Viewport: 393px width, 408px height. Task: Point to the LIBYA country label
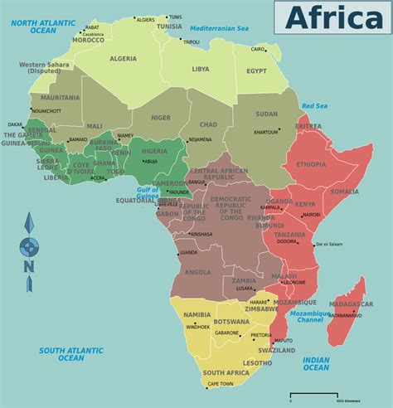[201, 70]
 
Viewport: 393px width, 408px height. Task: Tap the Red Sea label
[315, 106]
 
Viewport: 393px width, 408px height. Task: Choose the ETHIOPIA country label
[311, 164]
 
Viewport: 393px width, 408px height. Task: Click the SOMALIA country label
[344, 192]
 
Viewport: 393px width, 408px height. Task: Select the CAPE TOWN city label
[219, 384]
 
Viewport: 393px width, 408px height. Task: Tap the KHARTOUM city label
[266, 133]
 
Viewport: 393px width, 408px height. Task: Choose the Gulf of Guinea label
[148, 194]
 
